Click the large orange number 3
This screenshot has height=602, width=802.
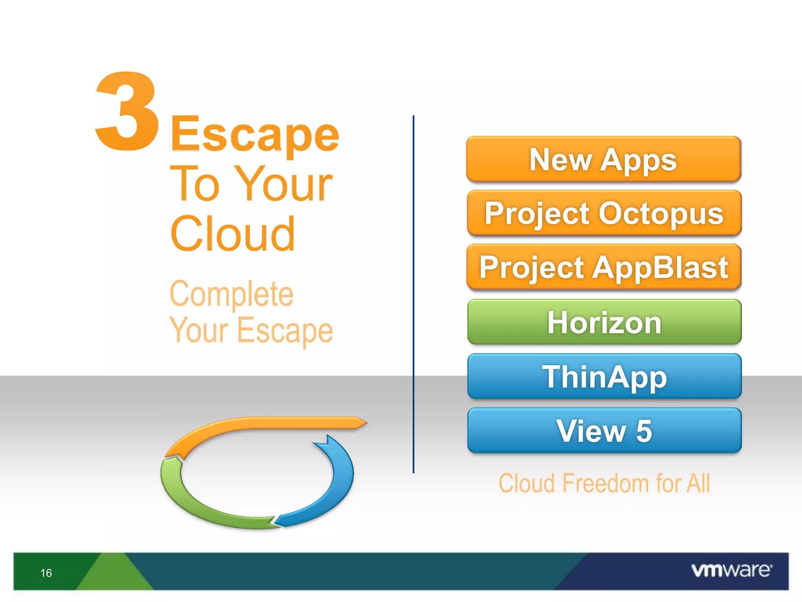pyautogui.click(x=128, y=112)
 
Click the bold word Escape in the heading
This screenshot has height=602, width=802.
pyautogui.click(x=255, y=135)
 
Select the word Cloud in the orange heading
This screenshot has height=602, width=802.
pyautogui.click(x=233, y=234)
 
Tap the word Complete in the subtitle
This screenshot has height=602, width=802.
pyautogui.click(x=231, y=294)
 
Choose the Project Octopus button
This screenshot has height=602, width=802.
pyautogui.click(x=604, y=213)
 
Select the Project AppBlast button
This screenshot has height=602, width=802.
pyautogui.click(x=604, y=267)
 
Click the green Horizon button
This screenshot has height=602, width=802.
pyautogui.click(x=604, y=322)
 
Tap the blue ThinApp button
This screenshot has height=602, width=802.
pyautogui.click(x=604, y=376)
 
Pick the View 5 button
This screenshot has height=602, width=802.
pyautogui.click(x=604, y=430)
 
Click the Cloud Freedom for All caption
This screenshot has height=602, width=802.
pyautogui.click(x=604, y=483)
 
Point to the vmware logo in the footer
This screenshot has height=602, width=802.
pyautogui.click(x=732, y=570)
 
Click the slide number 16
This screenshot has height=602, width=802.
pyautogui.click(x=46, y=573)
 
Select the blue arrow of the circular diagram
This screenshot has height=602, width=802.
pyautogui.click(x=333, y=490)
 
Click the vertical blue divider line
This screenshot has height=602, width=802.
pyautogui.click(x=413, y=294)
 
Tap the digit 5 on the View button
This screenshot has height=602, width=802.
pyautogui.click(x=644, y=431)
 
